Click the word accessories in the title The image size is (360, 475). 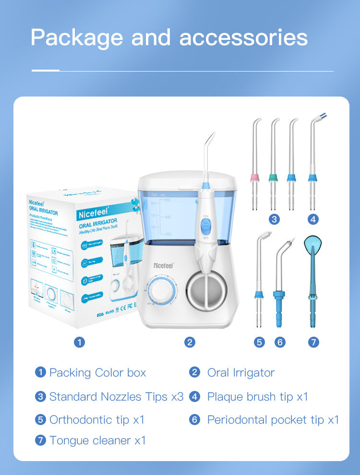click(243, 38)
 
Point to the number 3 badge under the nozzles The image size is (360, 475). click(274, 219)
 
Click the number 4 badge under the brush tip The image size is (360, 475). click(313, 219)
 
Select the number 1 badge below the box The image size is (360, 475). click(80, 342)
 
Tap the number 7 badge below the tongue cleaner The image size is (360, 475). click(313, 342)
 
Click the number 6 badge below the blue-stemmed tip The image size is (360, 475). click(280, 342)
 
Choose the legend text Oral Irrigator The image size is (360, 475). click(240, 373)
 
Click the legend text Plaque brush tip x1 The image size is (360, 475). click(257, 397)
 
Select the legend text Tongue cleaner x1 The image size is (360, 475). click(97, 440)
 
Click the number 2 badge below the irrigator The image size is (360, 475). click(190, 342)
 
